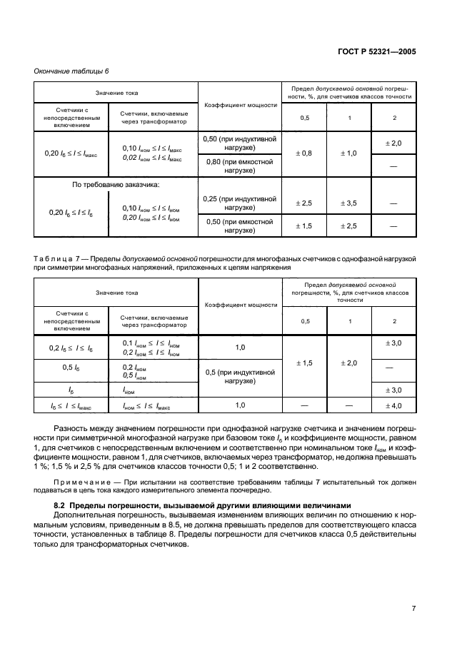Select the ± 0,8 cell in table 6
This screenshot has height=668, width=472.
(304, 153)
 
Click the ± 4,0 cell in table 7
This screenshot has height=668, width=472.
(394, 405)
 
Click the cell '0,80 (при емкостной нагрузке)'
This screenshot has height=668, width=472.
(239, 166)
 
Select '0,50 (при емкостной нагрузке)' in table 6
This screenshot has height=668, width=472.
(239, 226)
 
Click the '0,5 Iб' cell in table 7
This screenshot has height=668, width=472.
(70, 368)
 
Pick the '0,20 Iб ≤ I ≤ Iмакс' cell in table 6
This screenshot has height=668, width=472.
(70, 153)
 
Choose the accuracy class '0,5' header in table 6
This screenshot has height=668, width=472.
(304, 118)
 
